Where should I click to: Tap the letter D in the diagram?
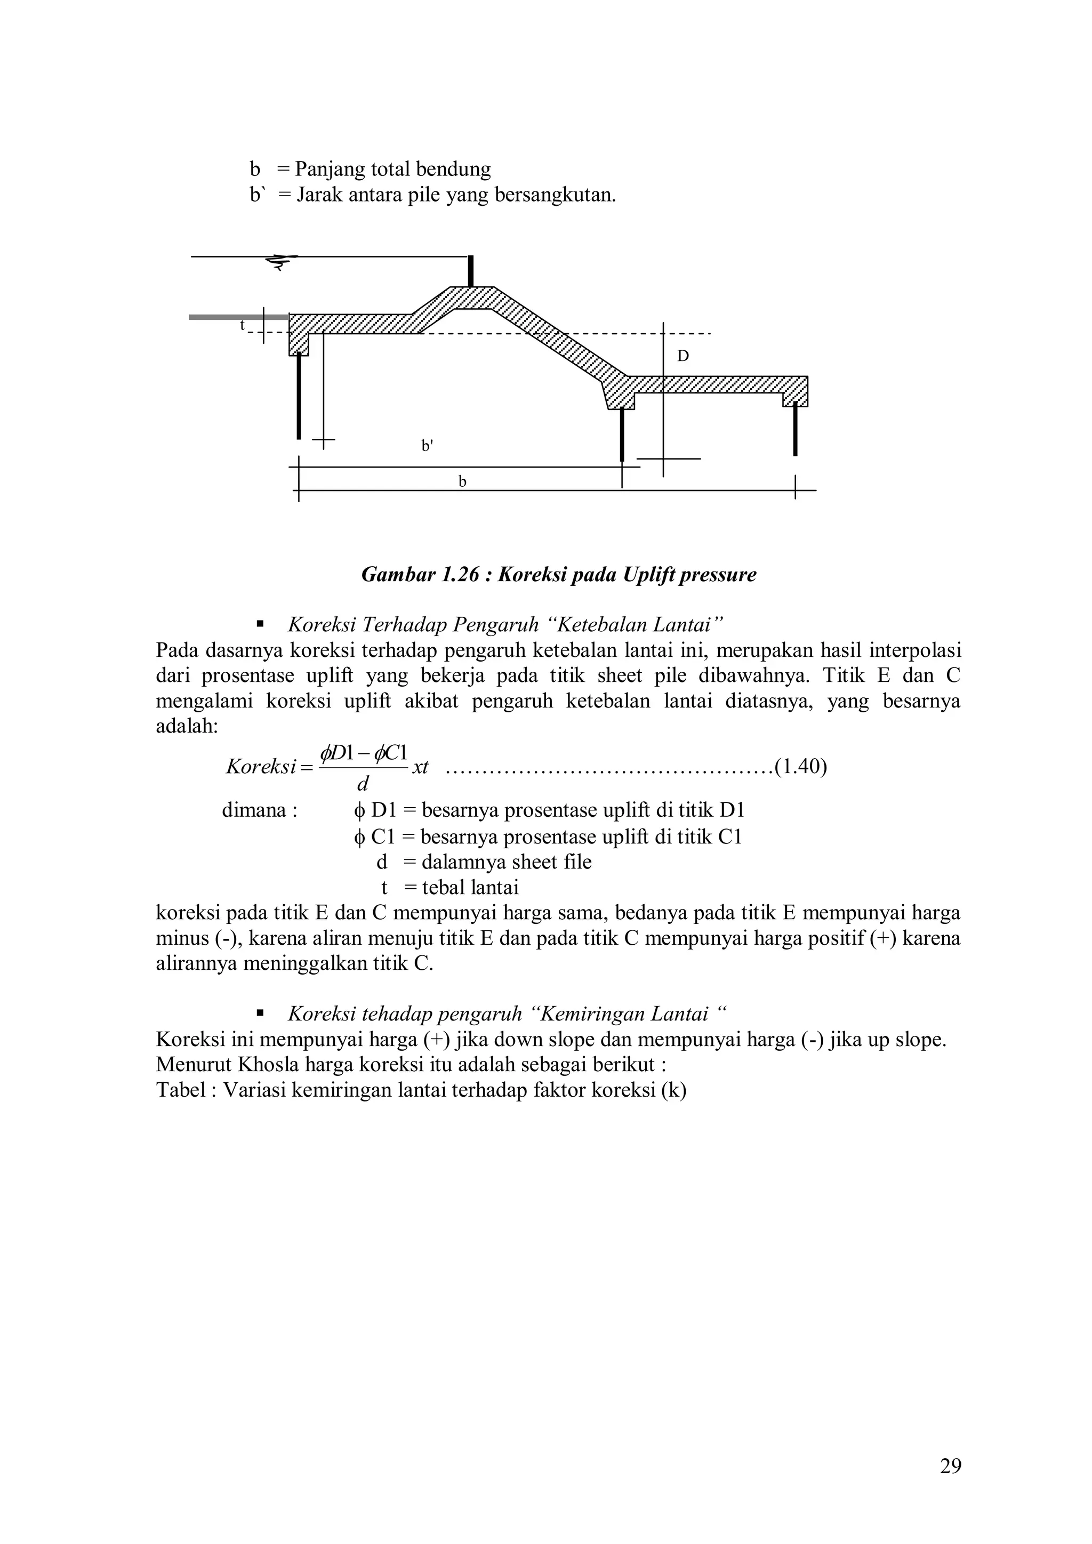[682, 357]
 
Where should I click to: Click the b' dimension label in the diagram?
[427, 445]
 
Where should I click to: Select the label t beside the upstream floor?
[243, 325]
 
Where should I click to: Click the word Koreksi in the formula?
[261, 767]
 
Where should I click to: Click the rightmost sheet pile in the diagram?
[795, 429]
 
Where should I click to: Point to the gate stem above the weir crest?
[471, 271]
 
